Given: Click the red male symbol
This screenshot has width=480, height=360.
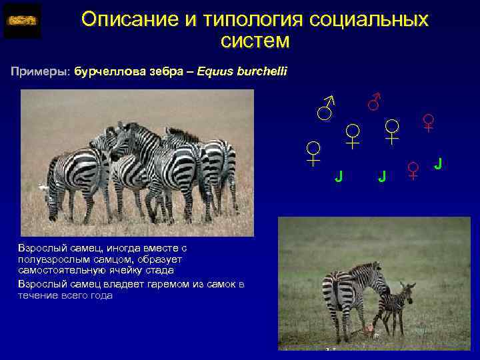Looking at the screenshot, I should tap(375, 101).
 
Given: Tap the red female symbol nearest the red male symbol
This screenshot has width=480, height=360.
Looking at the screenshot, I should tap(393, 131).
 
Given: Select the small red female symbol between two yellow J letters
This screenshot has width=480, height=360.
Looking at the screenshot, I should tap(413, 171).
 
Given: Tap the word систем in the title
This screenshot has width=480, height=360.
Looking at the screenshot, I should tap(255, 41).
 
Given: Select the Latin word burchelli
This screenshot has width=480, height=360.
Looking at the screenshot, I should tap(260, 71).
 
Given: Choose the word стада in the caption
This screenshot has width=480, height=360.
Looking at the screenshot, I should tap(161, 270).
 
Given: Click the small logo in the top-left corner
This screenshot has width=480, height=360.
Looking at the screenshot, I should tap(22, 20).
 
